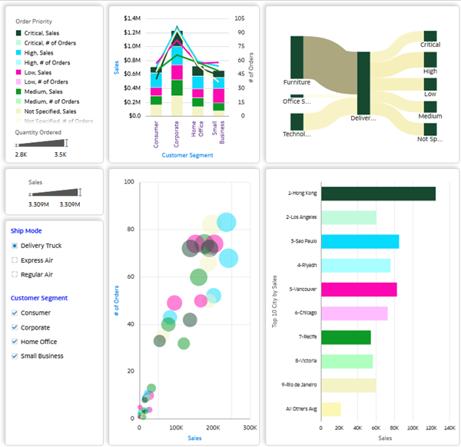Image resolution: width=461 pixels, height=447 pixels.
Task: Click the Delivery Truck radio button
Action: point(15,246)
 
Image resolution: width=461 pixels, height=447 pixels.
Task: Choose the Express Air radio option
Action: point(15,260)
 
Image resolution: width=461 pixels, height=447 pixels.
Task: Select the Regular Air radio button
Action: point(15,274)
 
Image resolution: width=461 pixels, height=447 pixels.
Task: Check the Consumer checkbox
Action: point(15,313)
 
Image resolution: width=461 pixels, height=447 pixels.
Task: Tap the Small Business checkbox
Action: point(15,356)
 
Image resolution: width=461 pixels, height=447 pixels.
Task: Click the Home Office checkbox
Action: point(15,342)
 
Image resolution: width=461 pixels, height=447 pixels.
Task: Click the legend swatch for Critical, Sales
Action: point(18,33)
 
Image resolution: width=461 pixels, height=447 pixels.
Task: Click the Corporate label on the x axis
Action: point(177,133)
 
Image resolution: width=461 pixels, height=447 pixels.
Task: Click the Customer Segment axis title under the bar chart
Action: point(187,155)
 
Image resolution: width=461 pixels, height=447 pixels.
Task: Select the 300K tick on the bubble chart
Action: point(249,427)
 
